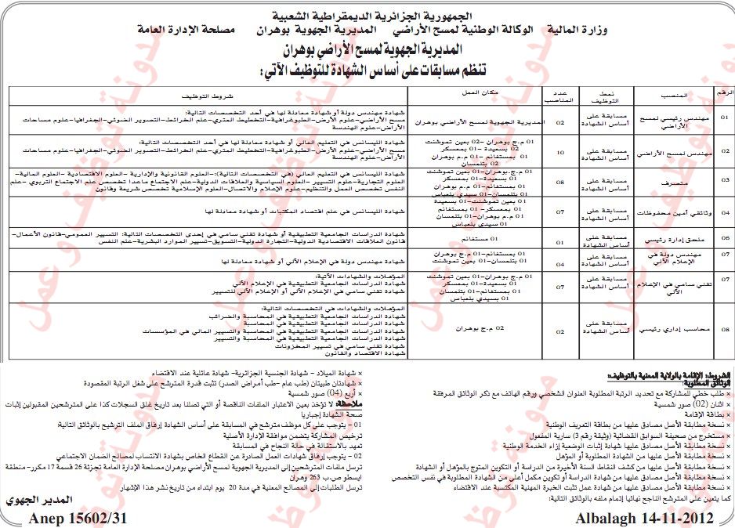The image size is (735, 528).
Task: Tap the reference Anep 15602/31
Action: coord(70,519)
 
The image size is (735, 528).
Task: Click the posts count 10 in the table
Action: coord(559,152)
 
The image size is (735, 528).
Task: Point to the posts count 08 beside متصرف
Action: coord(559,180)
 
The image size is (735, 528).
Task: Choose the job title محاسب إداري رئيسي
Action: coord(675,330)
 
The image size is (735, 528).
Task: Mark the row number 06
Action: coord(724,236)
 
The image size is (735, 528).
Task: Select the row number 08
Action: coord(724,330)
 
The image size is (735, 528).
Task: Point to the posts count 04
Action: coord(559,263)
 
